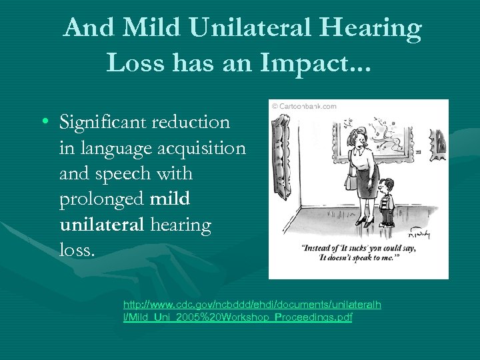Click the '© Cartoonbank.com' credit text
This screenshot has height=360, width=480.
(x=303, y=105)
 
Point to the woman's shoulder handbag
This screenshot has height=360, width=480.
(x=349, y=181)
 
